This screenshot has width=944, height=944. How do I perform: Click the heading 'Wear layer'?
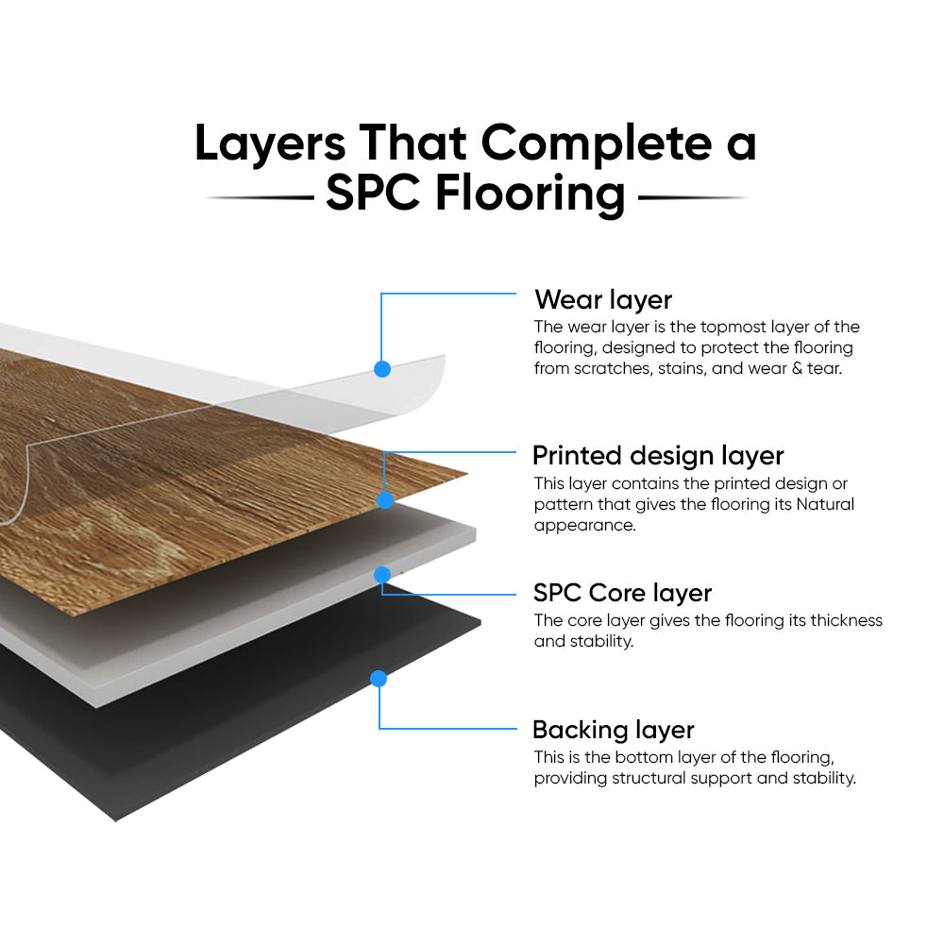click(603, 300)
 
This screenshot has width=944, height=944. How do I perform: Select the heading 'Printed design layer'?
click(658, 456)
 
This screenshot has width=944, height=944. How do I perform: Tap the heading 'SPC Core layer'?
click(622, 593)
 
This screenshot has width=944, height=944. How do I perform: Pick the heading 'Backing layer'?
click(613, 730)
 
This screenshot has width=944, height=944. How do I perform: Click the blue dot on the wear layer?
click(382, 369)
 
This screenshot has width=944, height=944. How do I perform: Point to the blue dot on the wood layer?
click(385, 500)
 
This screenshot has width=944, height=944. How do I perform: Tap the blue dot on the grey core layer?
click(382, 574)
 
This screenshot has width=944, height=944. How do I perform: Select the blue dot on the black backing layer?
click(379, 678)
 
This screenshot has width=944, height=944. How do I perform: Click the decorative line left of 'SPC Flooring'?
click(260, 198)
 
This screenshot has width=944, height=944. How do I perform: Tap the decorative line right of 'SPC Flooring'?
click(692, 198)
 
